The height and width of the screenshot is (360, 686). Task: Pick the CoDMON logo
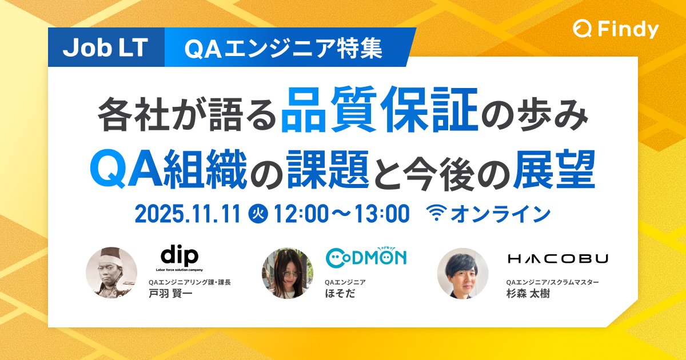click(366, 258)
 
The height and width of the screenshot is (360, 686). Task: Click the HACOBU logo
click(557, 259)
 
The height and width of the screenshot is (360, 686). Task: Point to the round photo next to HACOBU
click(462, 273)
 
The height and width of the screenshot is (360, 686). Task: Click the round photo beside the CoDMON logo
click(287, 273)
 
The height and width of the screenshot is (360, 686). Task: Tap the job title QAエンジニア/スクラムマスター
click(552, 282)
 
